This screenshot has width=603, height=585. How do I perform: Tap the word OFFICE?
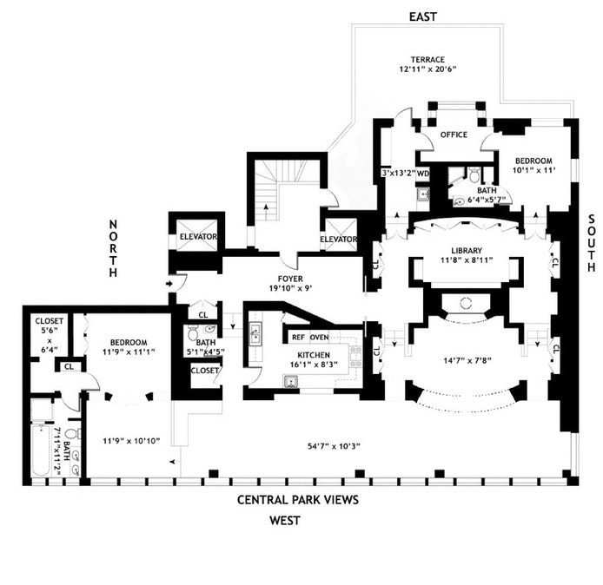454,135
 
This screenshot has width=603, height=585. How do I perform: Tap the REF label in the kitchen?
298,337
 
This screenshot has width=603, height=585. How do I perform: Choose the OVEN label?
319,337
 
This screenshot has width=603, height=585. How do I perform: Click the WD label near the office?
423,173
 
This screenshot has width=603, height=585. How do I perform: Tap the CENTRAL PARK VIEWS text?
298,500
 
